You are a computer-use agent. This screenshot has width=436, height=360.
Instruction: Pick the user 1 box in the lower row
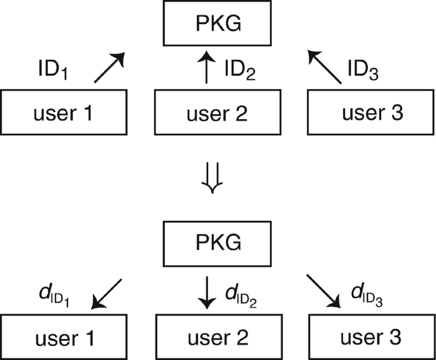click(x=64, y=337)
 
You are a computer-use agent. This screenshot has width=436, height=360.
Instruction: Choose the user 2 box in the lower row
click(x=218, y=337)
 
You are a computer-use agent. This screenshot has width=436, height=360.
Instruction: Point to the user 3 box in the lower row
click(x=372, y=337)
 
